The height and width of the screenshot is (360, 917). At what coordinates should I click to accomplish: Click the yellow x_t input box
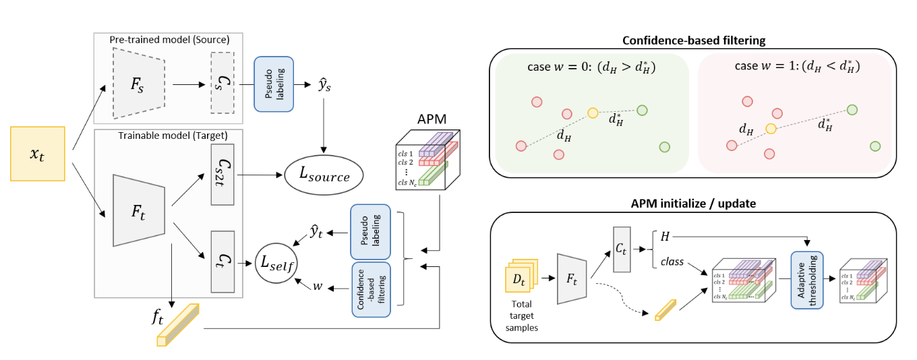pos(37,154)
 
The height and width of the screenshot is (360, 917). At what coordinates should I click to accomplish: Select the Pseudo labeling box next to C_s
pos(273,84)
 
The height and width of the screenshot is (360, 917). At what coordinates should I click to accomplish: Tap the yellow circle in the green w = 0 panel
pos(593,113)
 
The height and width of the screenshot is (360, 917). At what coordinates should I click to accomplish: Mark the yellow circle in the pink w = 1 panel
pos(771,128)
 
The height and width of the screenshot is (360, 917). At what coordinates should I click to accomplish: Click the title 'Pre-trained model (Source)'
pos(169,39)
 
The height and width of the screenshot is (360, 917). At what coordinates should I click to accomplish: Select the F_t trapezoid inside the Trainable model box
pos(138,210)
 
